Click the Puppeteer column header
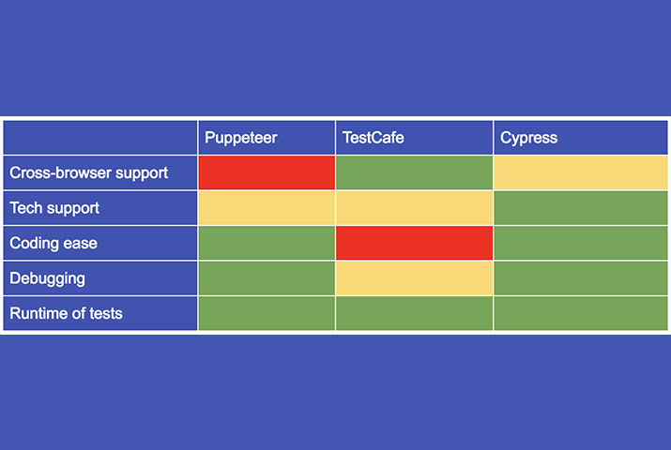241,138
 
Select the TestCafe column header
374,138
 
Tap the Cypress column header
528,138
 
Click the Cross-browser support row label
88,172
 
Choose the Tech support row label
54,208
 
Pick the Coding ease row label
53,243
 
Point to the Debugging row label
47,278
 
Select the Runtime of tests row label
66,313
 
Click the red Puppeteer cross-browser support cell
267,172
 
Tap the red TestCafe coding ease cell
414,243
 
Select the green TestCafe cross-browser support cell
414,172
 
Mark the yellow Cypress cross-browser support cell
580,172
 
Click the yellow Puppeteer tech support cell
267,208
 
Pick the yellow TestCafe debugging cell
414,278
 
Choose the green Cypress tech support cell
580,208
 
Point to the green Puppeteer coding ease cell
267,243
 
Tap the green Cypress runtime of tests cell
580,313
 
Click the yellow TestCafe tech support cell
414,208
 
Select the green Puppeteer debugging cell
267,278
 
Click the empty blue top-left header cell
100,138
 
